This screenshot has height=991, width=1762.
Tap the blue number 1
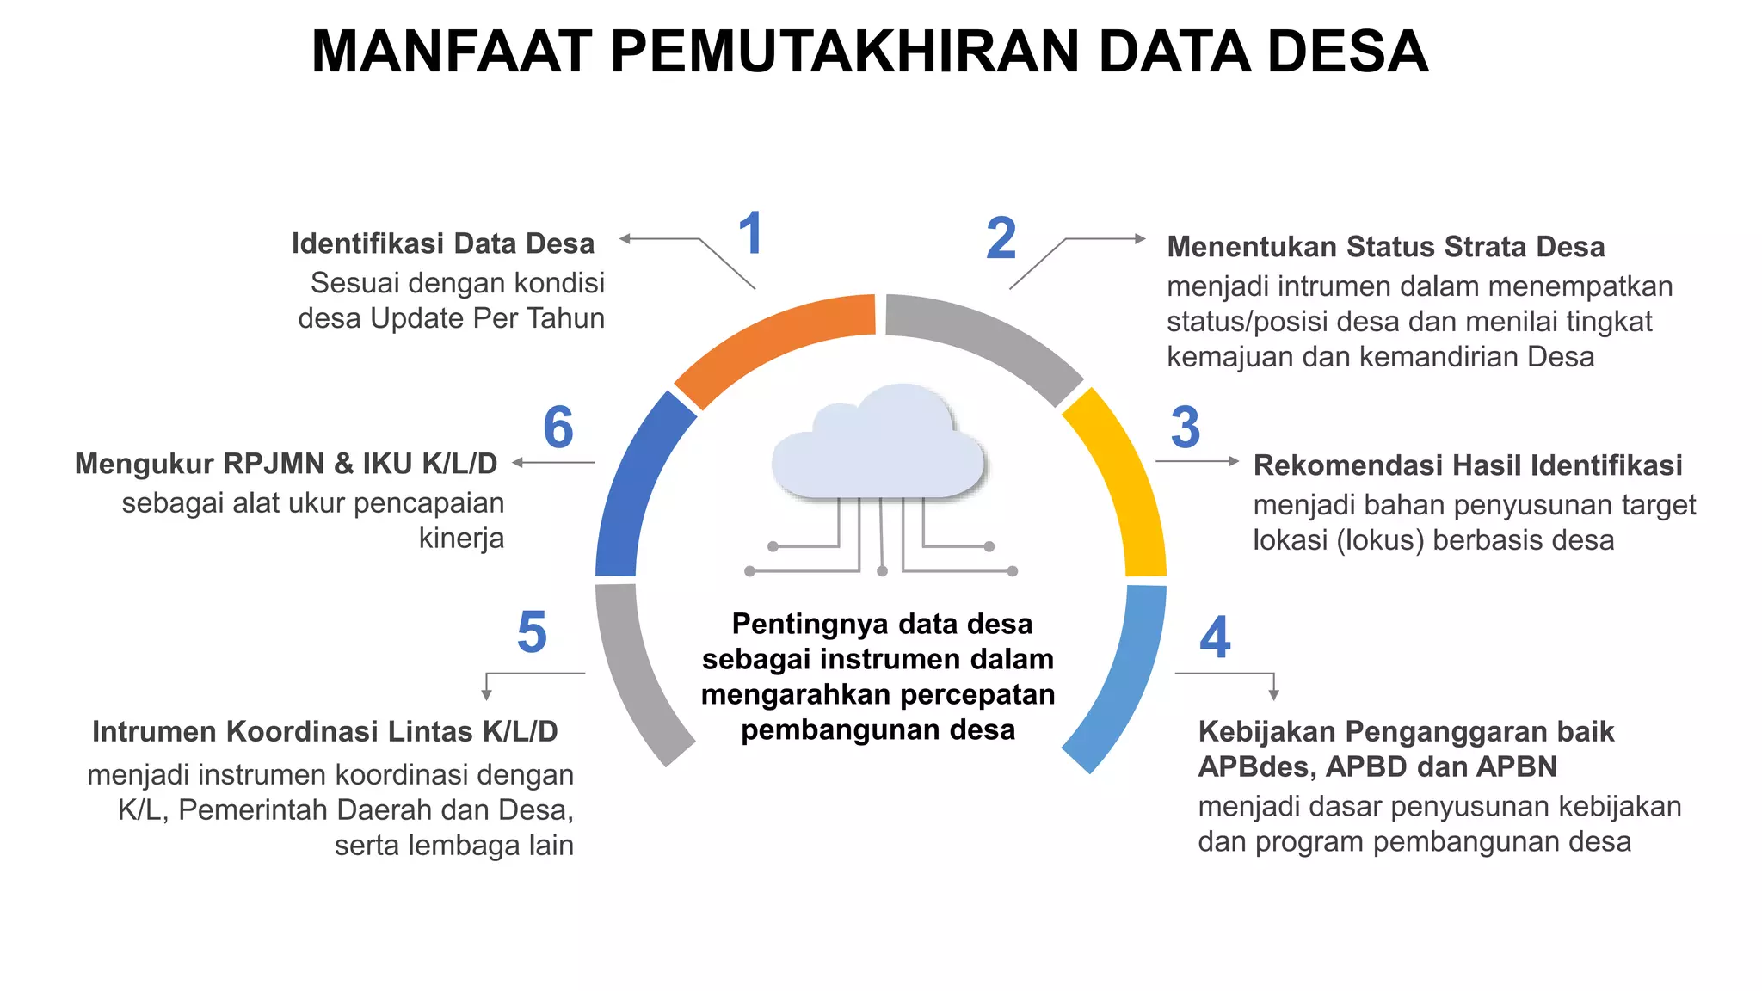[x=750, y=234]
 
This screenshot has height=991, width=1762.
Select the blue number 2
[x=1001, y=238]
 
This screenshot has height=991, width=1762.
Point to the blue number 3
[x=1186, y=428]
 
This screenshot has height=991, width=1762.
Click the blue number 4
[x=1215, y=637]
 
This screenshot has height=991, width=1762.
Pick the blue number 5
[x=532, y=632]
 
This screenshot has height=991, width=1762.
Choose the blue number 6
[x=558, y=428]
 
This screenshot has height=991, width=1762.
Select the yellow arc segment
[x=1123, y=482]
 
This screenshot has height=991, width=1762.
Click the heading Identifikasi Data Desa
[x=443, y=243]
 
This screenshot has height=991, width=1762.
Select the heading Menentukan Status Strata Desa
[x=1385, y=247]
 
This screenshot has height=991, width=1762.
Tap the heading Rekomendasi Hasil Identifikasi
[x=1467, y=465]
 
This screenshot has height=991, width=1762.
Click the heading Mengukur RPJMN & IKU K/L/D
[x=286, y=464]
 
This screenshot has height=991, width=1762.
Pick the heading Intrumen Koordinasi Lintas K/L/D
[x=325, y=731]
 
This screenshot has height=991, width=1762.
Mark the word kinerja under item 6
[x=461, y=539]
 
